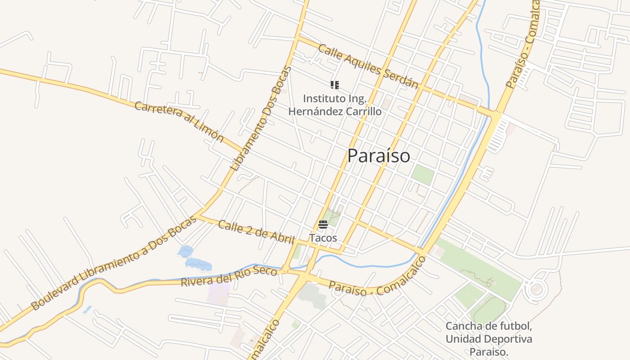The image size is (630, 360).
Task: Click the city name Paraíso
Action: (x=378, y=156)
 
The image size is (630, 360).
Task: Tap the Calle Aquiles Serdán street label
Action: (x=368, y=66)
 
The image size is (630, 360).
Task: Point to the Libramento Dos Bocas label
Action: (x=261, y=119)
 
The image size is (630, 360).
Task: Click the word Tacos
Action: (x=323, y=238)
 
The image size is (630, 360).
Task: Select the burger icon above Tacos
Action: (x=323, y=225)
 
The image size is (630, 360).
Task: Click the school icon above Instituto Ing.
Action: (x=334, y=85)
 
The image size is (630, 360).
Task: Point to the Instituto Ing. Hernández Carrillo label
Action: (x=335, y=105)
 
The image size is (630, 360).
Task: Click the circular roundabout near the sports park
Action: (x=536, y=289)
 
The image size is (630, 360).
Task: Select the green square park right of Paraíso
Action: (x=423, y=175)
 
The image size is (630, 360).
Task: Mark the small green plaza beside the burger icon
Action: (x=333, y=217)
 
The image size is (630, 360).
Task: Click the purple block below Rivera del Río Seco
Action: (x=218, y=293)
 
